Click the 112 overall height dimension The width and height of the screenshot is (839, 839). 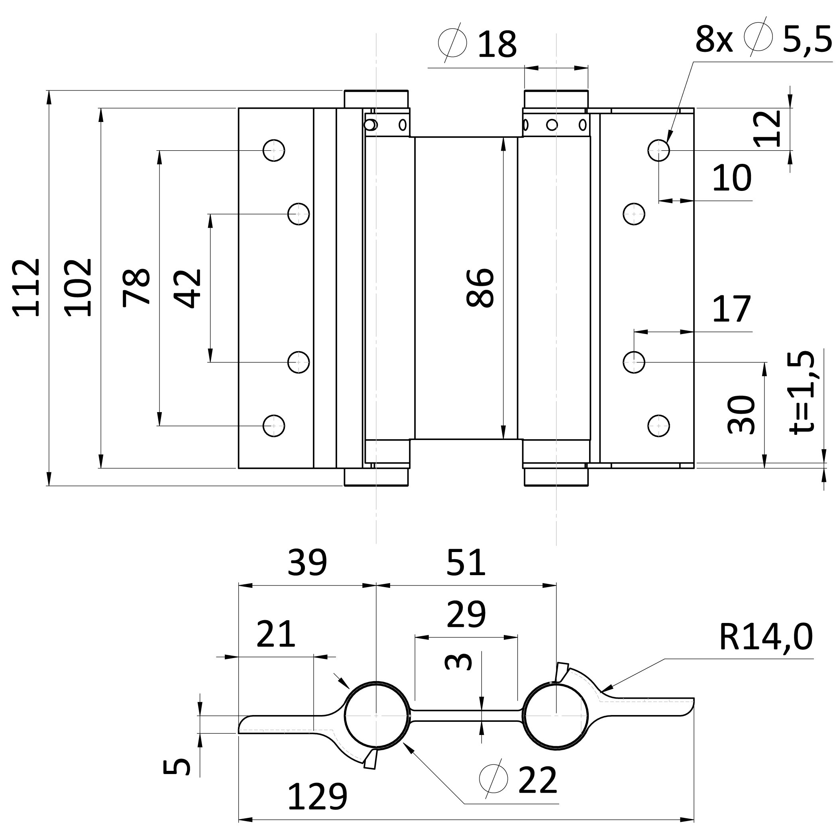pos(27,287)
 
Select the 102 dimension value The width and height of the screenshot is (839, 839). pos(79,287)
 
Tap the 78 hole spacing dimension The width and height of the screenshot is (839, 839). pos(136,288)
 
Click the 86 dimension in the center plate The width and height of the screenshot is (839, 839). pos(480,288)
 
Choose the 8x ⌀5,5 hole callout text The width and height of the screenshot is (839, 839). pos(763,39)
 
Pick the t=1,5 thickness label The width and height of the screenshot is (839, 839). pos(802,392)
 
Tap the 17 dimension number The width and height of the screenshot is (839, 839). pos(732,309)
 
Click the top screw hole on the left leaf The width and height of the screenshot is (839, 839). pos(273,150)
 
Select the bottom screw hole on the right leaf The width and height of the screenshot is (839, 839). pos(658,426)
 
